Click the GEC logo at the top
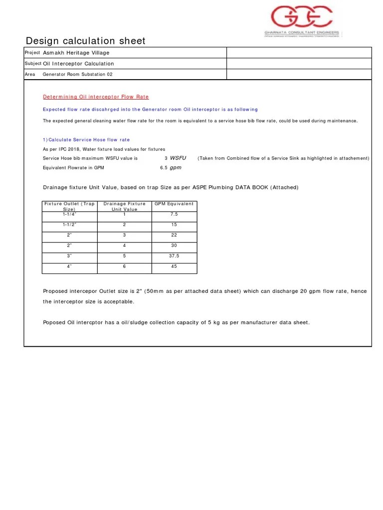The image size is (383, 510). tap(301, 17)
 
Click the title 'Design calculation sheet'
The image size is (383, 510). tap(85, 41)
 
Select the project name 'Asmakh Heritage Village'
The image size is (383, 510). tap(76, 53)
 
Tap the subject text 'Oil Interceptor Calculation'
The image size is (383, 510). tap(78, 64)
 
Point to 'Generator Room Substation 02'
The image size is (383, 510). tap(78, 74)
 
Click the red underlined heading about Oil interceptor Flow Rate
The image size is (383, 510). tap(95, 97)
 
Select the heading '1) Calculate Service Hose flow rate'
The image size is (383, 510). tap(86, 140)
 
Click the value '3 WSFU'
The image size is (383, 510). tap(175, 158)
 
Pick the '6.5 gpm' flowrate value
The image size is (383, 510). tap(171, 168)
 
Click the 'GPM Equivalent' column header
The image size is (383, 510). tap(174, 204)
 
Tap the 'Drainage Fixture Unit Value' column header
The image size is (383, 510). tap(124, 206)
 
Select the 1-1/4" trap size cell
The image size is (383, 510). tap(70, 214)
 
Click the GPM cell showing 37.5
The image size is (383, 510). tap(174, 256)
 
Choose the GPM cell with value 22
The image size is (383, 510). tap(174, 235)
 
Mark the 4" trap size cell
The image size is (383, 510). tap(70, 266)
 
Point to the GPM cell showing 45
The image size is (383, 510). tap(174, 266)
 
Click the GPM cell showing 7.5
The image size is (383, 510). tap(174, 214)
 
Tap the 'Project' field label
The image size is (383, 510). tap(32, 53)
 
